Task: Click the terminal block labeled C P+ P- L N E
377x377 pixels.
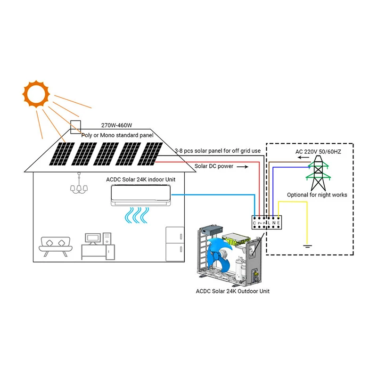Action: coord(267,222)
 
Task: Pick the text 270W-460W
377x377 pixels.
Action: coord(116,126)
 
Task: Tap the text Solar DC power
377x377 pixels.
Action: coord(214,166)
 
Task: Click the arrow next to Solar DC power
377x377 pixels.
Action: coord(241,167)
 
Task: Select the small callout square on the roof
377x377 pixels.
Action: coord(75,127)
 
